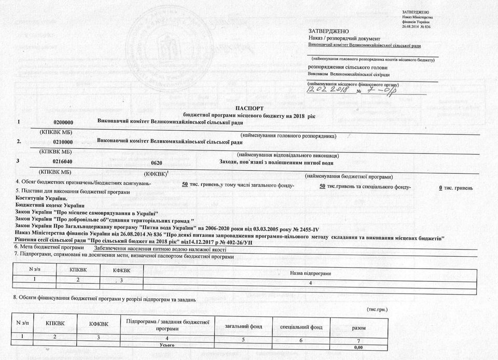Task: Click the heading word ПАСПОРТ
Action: point(250,107)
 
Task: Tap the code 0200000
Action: point(64,122)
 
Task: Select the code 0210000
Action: point(64,142)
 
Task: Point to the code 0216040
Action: point(64,161)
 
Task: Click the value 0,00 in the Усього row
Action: point(358,347)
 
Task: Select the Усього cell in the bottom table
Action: point(167,344)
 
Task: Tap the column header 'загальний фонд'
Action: point(243,327)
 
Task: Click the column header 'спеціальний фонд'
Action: point(301,327)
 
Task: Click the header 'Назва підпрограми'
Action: point(310,273)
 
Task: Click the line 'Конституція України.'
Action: point(41,198)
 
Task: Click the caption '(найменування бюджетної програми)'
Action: point(349,176)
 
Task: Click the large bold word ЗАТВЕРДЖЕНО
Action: point(325,32)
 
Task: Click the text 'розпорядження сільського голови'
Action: point(348,67)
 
